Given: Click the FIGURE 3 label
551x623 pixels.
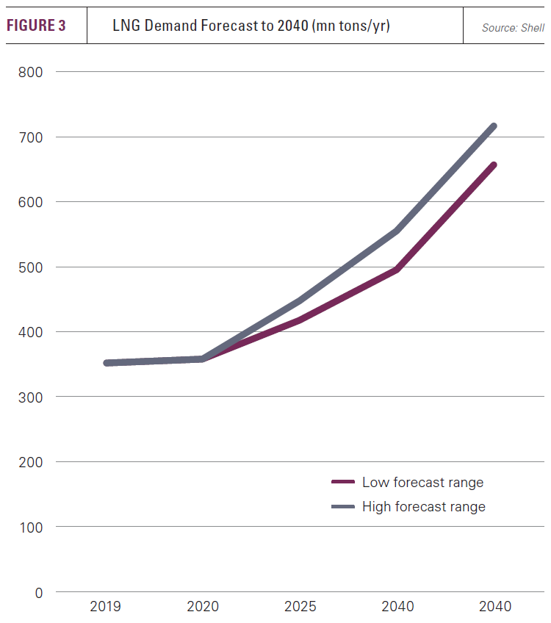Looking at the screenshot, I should click(x=36, y=26).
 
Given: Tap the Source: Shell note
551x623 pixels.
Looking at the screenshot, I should click(x=513, y=28).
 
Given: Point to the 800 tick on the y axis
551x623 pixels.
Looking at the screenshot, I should click(x=32, y=72).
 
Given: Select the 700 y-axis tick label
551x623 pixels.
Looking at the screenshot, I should click(x=32, y=137).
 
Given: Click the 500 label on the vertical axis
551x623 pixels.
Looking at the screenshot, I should click(x=32, y=267).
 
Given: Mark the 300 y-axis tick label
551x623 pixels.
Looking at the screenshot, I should click(x=32, y=397).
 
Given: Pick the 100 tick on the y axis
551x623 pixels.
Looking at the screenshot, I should click(x=32, y=527).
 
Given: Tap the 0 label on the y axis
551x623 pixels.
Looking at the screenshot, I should click(x=39, y=592).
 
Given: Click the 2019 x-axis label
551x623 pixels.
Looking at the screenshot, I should click(x=105, y=607).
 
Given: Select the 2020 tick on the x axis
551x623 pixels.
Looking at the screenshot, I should click(x=203, y=607).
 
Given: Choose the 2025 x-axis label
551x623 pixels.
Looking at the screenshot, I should click(x=300, y=607).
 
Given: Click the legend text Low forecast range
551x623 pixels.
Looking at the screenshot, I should click(x=422, y=483).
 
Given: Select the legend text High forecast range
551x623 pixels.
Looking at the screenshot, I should click(x=424, y=507).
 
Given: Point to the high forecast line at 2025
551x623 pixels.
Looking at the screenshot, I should click(x=300, y=300).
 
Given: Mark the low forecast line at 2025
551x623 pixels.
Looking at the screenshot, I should click(x=300, y=320).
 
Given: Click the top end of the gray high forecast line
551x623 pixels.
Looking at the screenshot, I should click(x=494, y=126).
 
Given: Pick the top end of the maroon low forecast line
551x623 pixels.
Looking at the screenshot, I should click(x=494, y=165).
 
